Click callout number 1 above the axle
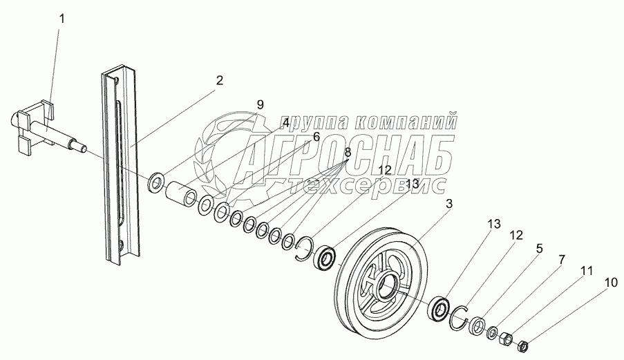[x=62, y=19]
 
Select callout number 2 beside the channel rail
[x=219, y=81]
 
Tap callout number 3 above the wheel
[x=449, y=204]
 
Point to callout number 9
[x=260, y=104]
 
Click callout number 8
[x=348, y=152]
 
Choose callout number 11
[x=586, y=272]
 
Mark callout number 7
[x=562, y=260]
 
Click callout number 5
[x=539, y=249]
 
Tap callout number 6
[x=316, y=137]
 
